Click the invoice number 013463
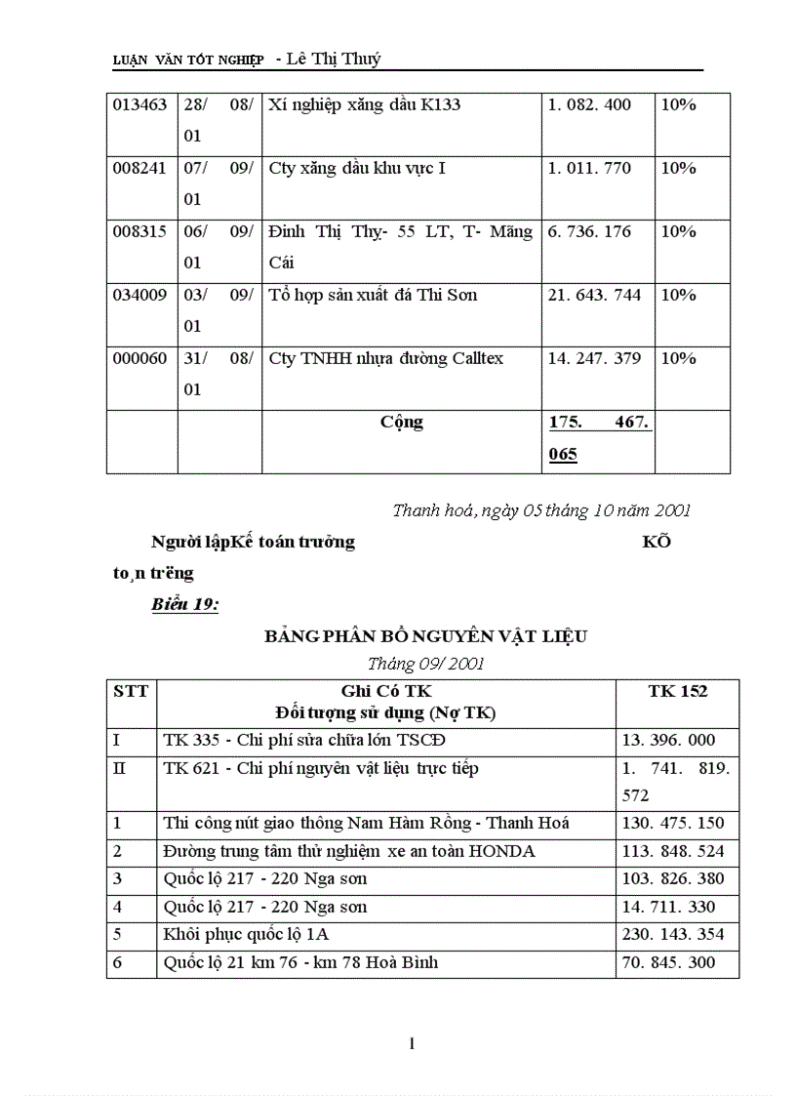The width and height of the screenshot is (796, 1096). coord(140,104)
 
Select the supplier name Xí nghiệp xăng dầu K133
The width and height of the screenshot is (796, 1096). coord(364,104)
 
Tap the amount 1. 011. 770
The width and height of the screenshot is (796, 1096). coord(589,168)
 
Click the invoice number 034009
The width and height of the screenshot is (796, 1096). coord(140,295)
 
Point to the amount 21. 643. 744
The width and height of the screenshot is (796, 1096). coord(594,295)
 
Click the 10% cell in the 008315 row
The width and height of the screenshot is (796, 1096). coord(679,231)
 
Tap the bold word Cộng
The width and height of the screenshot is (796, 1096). coord(402,422)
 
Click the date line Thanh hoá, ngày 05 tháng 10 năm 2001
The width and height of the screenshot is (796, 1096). coord(541,509)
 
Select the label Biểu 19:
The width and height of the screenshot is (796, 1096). coord(184,604)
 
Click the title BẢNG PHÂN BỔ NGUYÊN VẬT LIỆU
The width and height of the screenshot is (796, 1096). coord(426,636)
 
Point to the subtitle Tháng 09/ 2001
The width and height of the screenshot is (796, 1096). coord(426,664)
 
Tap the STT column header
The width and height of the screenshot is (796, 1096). coord(131,691)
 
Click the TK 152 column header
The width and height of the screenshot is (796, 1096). coord(677,691)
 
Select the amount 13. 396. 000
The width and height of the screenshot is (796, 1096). coord(668,741)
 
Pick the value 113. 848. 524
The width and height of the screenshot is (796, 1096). coord(673,851)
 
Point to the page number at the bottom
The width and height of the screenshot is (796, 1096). coord(413,1044)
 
